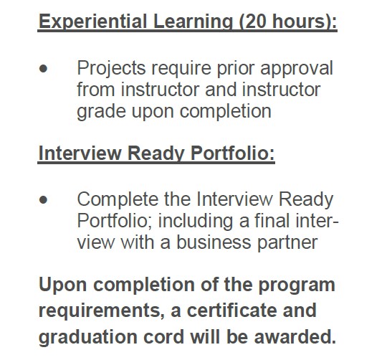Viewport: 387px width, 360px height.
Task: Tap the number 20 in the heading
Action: [256, 21]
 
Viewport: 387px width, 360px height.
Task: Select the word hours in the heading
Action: [299, 21]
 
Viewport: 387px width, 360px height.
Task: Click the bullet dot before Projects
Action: [43, 69]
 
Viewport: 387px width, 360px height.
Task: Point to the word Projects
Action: [111, 69]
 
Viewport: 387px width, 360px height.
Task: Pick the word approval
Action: [297, 69]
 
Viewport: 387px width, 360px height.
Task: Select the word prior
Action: [236, 69]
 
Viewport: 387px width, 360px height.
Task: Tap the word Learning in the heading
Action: [193, 22]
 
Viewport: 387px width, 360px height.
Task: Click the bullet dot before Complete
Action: [43, 200]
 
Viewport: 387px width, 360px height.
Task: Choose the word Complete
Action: [118, 200]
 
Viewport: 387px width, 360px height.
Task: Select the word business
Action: [214, 242]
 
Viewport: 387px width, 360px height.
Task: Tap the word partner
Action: [287, 243]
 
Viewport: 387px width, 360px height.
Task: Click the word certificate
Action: [231, 310]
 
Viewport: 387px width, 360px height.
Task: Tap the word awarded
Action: [295, 336]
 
